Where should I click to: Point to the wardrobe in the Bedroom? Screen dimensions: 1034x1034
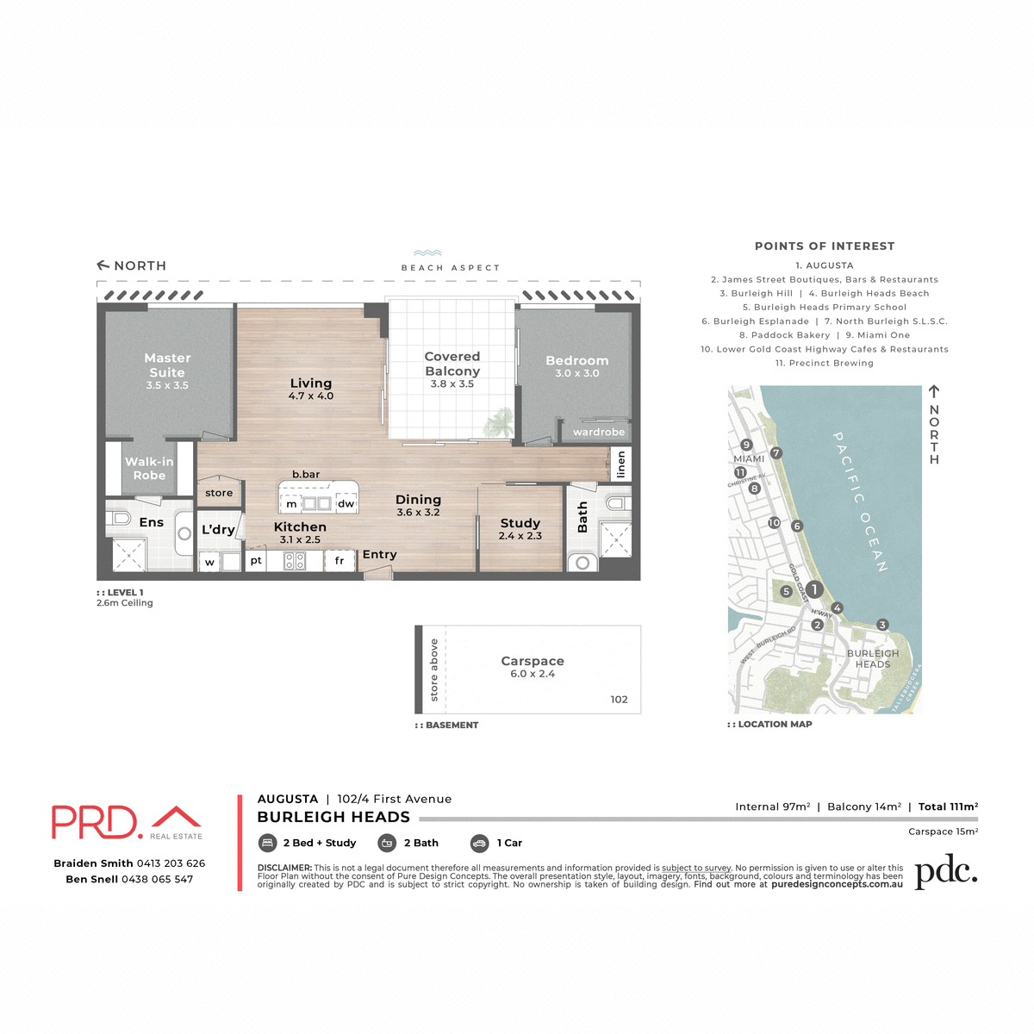point(599,432)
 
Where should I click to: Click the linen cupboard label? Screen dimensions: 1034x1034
point(620,464)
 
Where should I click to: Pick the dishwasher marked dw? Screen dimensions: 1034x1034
point(346,504)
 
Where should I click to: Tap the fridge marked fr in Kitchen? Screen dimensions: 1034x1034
point(339,561)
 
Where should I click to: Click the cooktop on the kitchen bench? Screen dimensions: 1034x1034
point(295,561)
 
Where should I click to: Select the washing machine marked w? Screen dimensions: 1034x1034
point(209,563)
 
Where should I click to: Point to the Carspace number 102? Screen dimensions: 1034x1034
point(619,699)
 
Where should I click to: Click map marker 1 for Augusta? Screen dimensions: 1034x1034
point(814,590)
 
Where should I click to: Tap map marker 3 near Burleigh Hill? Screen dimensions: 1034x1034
point(882,625)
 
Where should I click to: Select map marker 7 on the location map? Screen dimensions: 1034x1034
point(776,453)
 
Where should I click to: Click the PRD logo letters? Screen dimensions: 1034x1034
point(95,822)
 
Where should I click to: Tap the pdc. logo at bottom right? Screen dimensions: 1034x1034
point(945,872)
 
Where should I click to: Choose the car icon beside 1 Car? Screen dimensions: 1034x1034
point(480,844)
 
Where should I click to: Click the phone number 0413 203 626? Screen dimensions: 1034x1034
point(171,863)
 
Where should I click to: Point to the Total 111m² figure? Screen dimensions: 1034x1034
point(948,807)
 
